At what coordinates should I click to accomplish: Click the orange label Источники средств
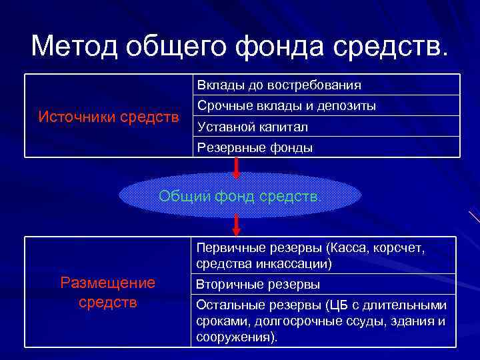[x=109, y=117]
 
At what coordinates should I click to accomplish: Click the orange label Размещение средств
[x=107, y=292]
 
